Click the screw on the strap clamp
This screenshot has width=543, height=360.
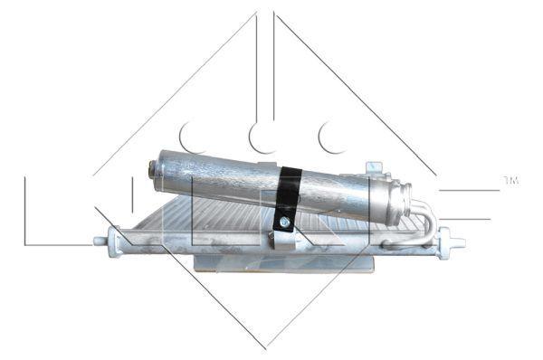pos(284,221)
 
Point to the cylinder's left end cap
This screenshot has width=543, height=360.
pos(153,170)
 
